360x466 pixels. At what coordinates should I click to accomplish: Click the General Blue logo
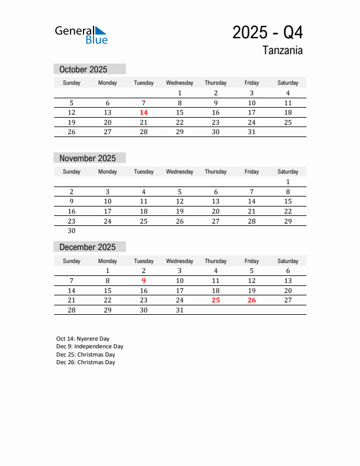[81, 35]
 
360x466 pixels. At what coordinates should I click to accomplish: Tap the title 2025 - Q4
[268, 32]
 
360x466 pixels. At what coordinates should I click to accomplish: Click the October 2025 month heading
[83, 69]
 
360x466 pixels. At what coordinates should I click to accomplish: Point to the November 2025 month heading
[88, 158]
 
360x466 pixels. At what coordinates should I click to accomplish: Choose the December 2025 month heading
[88, 247]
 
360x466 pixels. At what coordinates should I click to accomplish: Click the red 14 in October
[144, 112]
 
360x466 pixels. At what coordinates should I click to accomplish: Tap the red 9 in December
[144, 281]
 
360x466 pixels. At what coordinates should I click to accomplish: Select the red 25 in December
[215, 300]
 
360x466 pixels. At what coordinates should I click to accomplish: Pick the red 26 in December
[251, 300]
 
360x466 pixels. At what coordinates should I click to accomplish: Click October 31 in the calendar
[251, 132]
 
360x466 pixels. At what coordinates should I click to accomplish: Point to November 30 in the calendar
[72, 231]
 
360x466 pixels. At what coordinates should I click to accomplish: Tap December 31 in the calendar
[179, 310]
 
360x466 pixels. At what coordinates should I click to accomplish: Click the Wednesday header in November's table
[179, 172]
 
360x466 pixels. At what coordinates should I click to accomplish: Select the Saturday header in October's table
[288, 83]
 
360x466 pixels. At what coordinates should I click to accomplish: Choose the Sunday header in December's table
[72, 261]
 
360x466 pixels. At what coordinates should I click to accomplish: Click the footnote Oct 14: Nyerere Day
[83, 339]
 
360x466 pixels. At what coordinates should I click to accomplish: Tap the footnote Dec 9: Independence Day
[90, 347]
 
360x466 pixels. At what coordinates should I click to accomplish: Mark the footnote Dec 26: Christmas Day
[86, 362]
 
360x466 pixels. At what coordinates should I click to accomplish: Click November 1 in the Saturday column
[288, 182]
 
